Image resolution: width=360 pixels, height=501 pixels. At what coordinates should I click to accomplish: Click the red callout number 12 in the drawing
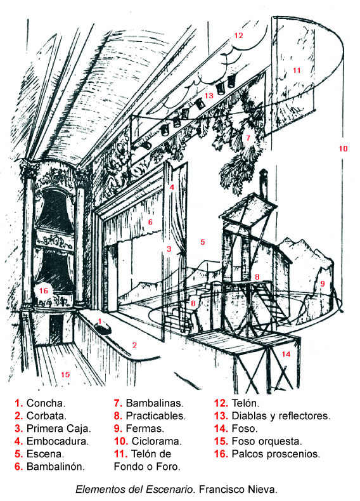click(x=238, y=36)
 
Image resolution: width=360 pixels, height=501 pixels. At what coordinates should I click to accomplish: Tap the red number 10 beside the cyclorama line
click(x=343, y=148)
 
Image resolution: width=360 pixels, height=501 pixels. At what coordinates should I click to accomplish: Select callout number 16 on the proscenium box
click(x=44, y=290)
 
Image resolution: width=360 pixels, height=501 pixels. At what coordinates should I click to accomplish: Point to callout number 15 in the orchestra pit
click(x=65, y=374)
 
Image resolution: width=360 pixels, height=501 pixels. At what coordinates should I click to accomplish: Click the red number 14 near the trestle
click(x=286, y=354)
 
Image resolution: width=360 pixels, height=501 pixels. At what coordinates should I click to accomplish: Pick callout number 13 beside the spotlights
click(x=209, y=96)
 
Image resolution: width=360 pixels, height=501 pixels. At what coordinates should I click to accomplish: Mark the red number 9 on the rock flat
click(x=323, y=283)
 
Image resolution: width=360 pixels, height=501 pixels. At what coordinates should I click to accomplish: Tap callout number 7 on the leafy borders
click(x=248, y=138)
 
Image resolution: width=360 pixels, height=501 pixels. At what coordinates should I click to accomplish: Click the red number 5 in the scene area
click(x=203, y=242)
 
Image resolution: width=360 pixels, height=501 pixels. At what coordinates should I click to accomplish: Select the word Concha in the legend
click(x=46, y=403)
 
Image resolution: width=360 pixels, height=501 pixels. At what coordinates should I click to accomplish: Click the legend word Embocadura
click(x=58, y=441)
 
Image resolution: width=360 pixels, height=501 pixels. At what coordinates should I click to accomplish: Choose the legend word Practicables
click(x=155, y=416)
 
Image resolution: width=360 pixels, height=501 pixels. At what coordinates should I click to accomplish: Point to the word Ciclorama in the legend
click(x=157, y=441)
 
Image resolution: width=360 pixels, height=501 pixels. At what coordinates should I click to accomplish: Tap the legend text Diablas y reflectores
click(x=281, y=416)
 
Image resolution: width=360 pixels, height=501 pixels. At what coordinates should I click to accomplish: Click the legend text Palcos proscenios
click(x=276, y=454)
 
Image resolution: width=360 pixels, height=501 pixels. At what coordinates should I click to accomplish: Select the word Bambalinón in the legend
click(x=56, y=467)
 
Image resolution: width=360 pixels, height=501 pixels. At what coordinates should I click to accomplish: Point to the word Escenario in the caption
click(x=169, y=490)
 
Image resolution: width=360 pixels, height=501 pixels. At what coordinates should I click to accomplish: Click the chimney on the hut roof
click(x=263, y=183)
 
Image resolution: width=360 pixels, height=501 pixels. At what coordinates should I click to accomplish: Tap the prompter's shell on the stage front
click(x=103, y=327)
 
